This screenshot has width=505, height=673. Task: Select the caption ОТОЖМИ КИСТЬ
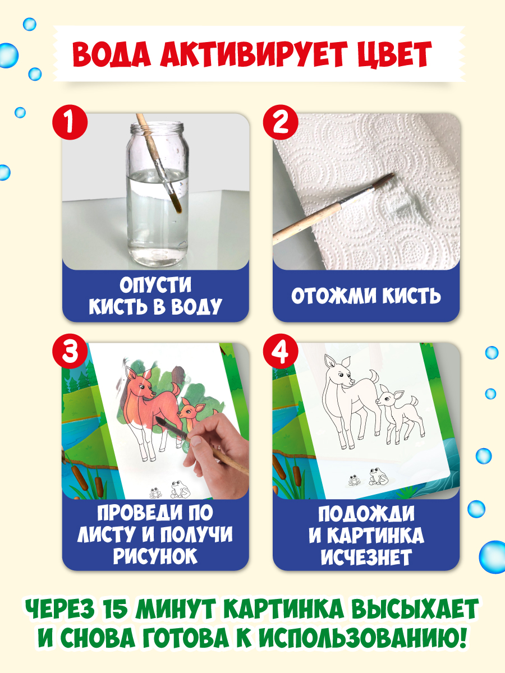tap(366, 296)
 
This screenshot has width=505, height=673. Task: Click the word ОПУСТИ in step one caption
tap(155, 285)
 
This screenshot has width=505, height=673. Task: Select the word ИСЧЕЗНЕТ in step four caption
tap(366, 557)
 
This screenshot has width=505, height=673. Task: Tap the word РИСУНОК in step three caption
tap(155, 557)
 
